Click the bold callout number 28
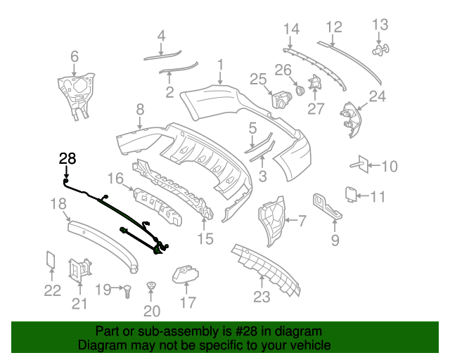click(67, 159)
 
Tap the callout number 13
click(379, 25)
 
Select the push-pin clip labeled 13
click(380, 50)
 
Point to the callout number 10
click(389, 167)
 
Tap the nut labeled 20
click(150, 287)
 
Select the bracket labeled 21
click(79, 269)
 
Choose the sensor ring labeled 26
click(299, 90)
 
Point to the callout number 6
click(74, 56)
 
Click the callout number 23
click(262, 297)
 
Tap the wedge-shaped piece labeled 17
click(186, 272)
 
